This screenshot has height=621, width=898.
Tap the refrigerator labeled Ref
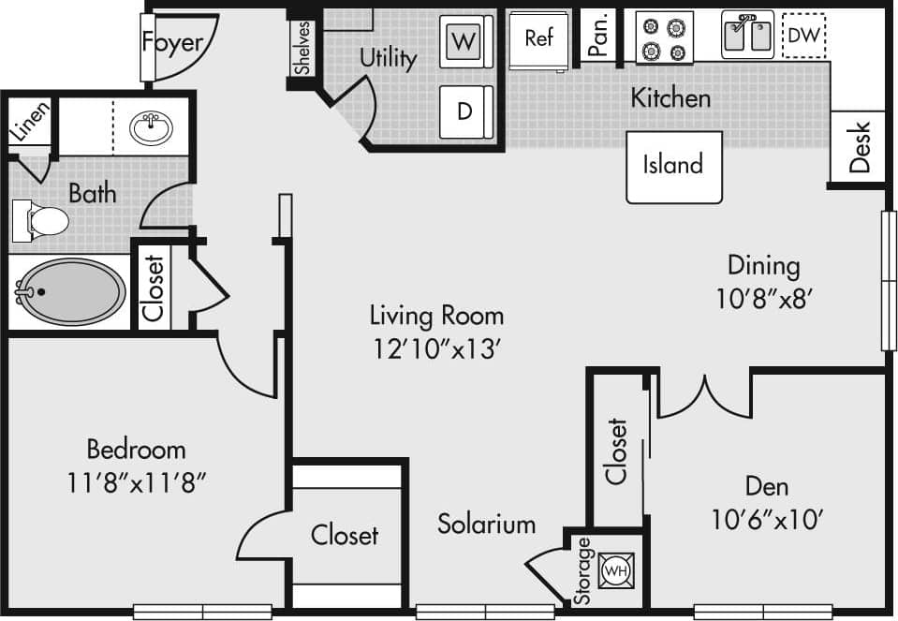point(538,39)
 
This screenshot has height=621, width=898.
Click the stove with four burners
point(664,38)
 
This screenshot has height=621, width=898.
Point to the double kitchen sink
point(746,36)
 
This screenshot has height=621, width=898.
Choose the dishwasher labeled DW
point(802,36)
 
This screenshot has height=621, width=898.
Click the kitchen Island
point(673,166)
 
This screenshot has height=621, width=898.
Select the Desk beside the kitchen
point(859,147)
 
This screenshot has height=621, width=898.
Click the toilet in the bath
point(43,221)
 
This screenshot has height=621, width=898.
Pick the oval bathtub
point(71,291)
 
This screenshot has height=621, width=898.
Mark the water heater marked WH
point(615,569)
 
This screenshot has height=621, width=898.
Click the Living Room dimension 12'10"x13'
point(436,347)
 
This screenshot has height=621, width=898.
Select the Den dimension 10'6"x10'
point(767,519)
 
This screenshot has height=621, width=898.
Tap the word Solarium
point(486,524)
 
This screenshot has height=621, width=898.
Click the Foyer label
point(172,42)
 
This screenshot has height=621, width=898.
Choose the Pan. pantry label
point(601,34)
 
